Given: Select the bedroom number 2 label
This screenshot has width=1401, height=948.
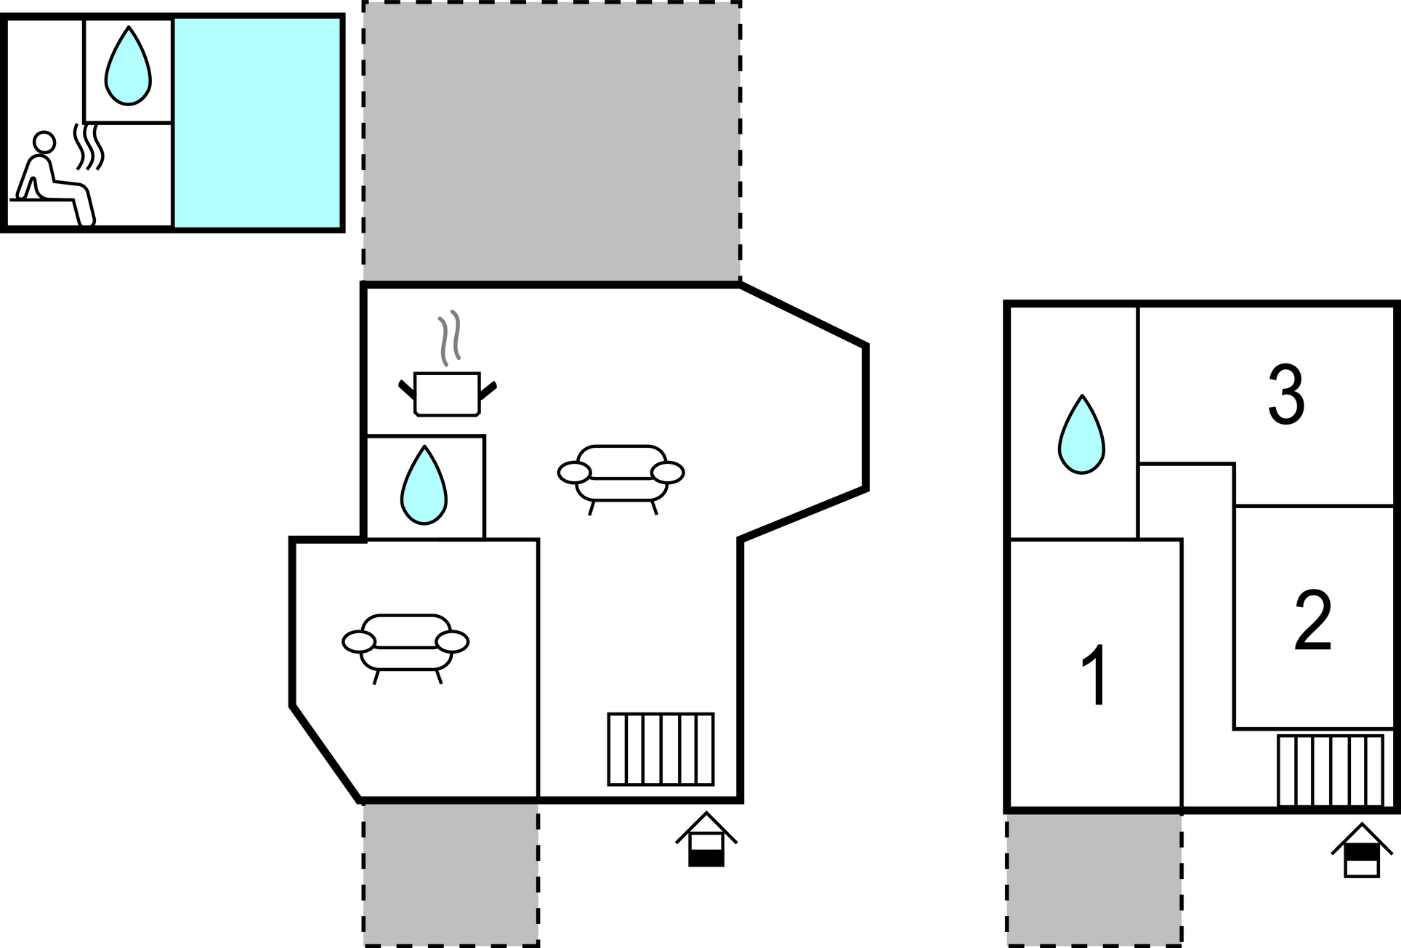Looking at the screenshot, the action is pos(1313,619).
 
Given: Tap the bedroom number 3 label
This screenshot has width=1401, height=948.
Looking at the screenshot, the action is pos(1286,394).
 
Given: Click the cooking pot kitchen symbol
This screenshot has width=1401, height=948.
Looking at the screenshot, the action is pos(447,394).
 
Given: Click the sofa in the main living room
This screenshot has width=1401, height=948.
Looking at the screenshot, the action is pos(621,479).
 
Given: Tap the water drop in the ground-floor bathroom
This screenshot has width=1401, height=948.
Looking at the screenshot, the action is pos(424,485).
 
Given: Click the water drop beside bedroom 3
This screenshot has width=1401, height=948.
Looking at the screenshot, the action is pos(1081,434).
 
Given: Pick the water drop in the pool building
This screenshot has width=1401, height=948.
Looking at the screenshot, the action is pos(128,65).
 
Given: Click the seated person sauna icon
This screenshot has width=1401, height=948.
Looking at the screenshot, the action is pos(53,179).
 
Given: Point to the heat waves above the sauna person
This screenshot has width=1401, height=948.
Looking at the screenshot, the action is pos(89,146).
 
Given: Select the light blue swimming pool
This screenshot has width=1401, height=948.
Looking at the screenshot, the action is pos(257,123).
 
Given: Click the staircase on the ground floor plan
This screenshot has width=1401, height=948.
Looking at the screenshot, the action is pos(661,749).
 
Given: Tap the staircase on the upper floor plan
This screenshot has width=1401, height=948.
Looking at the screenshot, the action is pos(1330,771).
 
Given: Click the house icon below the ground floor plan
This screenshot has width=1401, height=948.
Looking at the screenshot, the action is pos(706,839).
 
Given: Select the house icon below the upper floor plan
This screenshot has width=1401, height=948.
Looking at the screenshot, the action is pos(1362,850).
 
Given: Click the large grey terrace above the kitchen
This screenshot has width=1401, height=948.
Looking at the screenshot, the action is pos(552,142).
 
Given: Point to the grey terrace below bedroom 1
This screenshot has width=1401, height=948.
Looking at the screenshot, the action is pos(1094,880).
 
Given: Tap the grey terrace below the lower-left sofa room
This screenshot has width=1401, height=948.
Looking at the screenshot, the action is pos(451,875).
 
